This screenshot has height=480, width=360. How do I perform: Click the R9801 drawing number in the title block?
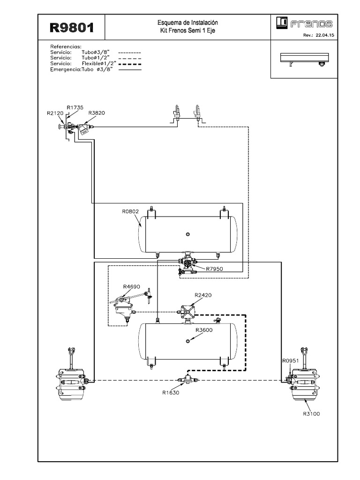[x=72, y=28]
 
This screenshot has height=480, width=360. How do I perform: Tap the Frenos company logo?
[x=304, y=23]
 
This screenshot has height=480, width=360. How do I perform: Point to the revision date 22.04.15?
[x=325, y=35]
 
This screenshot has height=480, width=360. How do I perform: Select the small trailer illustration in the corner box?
[x=305, y=60]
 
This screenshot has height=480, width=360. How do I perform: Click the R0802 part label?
[x=130, y=211]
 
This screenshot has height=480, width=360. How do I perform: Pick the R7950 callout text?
[x=214, y=269]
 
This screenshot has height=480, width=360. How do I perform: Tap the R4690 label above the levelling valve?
[x=131, y=286]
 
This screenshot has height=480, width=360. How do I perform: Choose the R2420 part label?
[x=203, y=295]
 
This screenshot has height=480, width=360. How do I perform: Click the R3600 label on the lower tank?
[x=204, y=330]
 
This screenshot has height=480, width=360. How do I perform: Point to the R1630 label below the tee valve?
[x=171, y=392]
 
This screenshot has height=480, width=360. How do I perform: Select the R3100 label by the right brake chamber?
[x=311, y=413]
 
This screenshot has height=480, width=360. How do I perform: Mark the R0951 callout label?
[x=290, y=360]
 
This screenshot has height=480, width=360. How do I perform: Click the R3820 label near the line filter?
[x=97, y=112]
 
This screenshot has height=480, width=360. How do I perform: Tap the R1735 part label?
[x=75, y=107]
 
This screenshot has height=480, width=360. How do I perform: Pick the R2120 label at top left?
[x=55, y=113]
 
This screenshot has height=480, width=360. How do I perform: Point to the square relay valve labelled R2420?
[x=187, y=312]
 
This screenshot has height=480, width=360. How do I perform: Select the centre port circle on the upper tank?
[x=188, y=234]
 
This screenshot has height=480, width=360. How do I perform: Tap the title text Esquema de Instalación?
[x=187, y=22]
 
